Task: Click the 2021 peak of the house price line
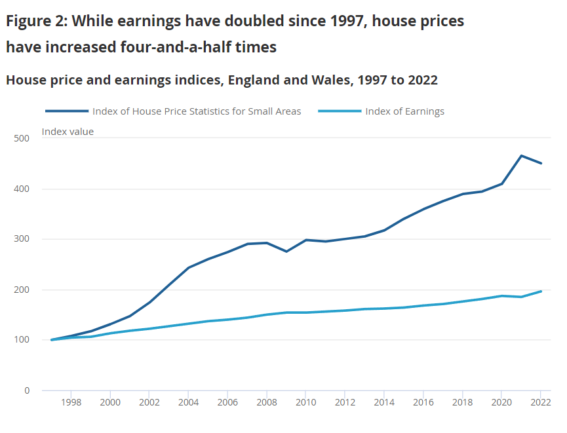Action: [521, 156]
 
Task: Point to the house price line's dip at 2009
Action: [286, 252]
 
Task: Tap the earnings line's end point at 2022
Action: [541, 291]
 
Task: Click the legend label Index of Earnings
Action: [404, 111]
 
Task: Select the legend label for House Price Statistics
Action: [197, 111]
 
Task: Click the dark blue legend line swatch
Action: [67, 111]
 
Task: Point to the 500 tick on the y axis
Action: [22, 139]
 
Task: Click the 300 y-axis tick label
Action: [22, 240]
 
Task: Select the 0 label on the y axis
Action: [27, 391]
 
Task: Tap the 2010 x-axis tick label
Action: [305, 402]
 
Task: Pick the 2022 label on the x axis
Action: [540, 402]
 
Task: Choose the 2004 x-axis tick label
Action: [188, 402]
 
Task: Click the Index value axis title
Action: [68, 132]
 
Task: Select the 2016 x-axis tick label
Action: [423, 402]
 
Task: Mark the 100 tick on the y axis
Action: [22, 341]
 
